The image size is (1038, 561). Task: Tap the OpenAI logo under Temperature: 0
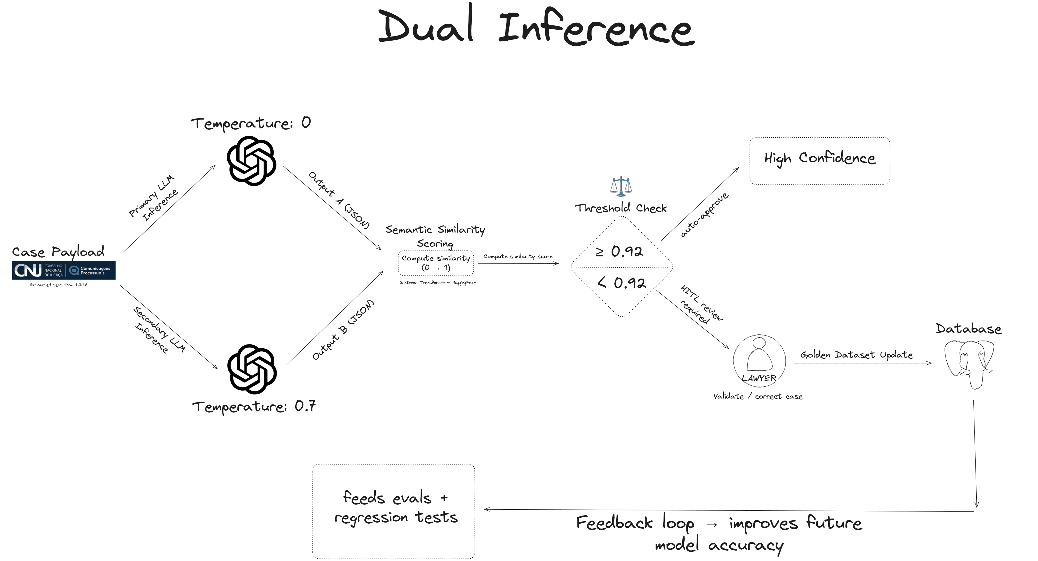click(x=251, y=160)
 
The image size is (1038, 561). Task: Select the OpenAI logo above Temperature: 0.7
click(x=252, y=369)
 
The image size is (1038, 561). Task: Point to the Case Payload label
click(x=58, y=252)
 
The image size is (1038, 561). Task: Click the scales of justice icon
click(x=621, y=186)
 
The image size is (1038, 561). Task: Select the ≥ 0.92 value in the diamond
click(x=620, y=252)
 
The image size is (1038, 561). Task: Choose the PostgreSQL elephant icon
click(x=969, y=363)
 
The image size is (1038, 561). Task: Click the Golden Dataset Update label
click(x=856, y=355)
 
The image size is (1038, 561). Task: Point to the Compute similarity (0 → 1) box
click(x=435, y=263)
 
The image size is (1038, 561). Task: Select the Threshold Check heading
click(x=621, y=208)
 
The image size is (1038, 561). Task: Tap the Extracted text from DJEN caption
click(x=58, y=285)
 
